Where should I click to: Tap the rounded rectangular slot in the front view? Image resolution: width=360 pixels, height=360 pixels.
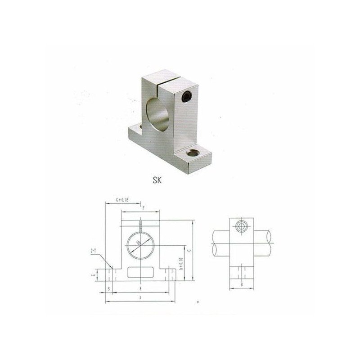[140, 272]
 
